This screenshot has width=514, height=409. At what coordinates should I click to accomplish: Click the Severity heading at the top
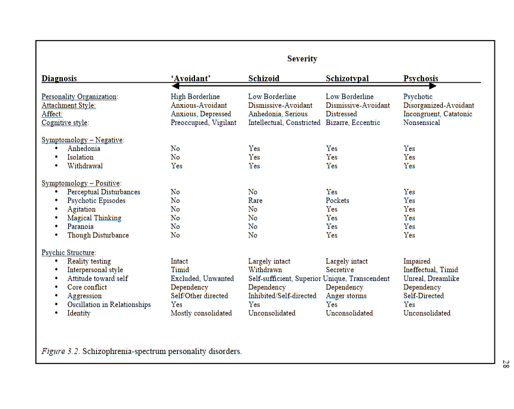(x=302, y=59)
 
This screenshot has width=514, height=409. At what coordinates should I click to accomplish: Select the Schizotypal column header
(x=347, y=78)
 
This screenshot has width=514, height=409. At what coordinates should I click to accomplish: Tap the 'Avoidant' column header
(x=190, y=78)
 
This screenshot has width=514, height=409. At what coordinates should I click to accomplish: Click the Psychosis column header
(x=421, y=78)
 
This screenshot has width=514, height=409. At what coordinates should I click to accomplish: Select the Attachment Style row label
(x=68, y=105)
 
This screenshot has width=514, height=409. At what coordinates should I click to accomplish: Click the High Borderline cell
(x=195, y=96)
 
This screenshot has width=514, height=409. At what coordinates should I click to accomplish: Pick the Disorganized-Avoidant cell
(x=439, y=105)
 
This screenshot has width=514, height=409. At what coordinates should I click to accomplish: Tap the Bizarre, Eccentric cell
(x=352, y=123)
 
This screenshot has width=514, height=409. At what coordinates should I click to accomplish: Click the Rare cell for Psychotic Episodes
(x=256, y=200)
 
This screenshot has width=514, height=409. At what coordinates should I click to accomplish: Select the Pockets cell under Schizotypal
(x=337, y=200)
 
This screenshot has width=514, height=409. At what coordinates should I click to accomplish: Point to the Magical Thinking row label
(x=94, y=218)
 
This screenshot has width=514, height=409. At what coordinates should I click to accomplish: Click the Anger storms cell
(x=346, y=295)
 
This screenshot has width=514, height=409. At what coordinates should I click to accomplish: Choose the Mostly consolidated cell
(x=201, y=313)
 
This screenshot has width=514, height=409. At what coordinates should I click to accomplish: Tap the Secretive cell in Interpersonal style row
(x=340, y=270)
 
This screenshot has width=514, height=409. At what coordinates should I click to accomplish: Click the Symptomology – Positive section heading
(x=81, y=183)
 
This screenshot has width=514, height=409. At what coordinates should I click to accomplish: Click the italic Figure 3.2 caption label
(x=60, y=351)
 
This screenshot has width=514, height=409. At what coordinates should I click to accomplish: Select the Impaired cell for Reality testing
(x=416, y=261)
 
